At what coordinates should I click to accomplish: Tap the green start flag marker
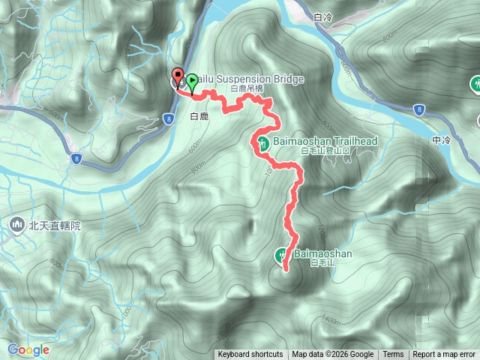coord(192,82)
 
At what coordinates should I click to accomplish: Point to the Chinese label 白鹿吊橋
coord(247,88)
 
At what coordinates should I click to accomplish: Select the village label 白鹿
coord(199,116)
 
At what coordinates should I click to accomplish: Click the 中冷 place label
coord(441,139)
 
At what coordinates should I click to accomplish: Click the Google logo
coord(28,349)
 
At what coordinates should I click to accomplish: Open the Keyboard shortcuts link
coord(250,355)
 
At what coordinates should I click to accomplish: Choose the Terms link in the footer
coord(393,355)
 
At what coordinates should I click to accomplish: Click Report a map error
coord(444,355)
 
